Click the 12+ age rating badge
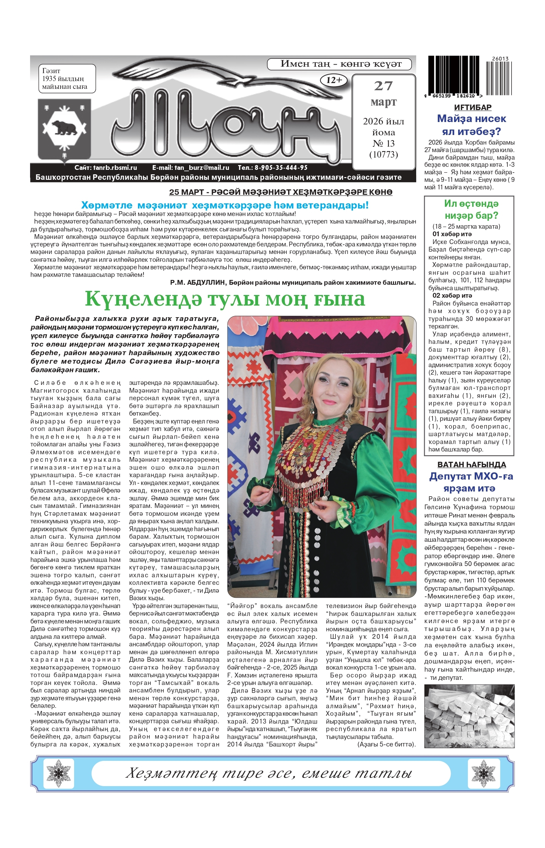[334, 80]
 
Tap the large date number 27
[383, 86]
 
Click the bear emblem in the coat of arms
[64, 128]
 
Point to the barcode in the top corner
[470, 77]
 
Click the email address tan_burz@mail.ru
[190, 168]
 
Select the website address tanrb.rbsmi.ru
[106, 168]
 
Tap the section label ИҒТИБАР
[473, 107]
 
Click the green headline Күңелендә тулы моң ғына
[225, 299]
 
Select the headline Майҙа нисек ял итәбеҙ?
[472, 125]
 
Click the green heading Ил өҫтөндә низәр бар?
[471, 210]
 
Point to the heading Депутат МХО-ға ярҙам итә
[471, 482]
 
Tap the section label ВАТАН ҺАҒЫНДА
[472, 465]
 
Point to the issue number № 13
[383, 143]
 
